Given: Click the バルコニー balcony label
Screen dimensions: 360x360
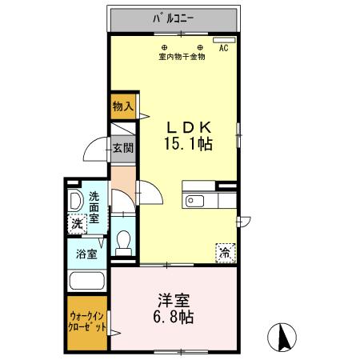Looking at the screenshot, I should [175, 16].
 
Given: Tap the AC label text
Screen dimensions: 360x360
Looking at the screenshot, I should [223, 48].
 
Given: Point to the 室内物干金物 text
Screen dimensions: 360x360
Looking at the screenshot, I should [182, 57].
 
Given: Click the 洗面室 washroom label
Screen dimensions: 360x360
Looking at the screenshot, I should [94, 207].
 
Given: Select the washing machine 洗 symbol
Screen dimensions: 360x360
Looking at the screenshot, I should [77, 225].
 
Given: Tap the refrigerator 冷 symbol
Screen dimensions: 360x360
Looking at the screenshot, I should [223, 251].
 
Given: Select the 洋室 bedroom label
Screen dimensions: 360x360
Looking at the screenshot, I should [174, 299].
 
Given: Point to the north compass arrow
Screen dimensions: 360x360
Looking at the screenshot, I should [282, 336].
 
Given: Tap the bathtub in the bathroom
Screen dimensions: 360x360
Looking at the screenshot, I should [88, 280].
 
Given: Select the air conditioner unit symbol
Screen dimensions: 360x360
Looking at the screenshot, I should [223, 38].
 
